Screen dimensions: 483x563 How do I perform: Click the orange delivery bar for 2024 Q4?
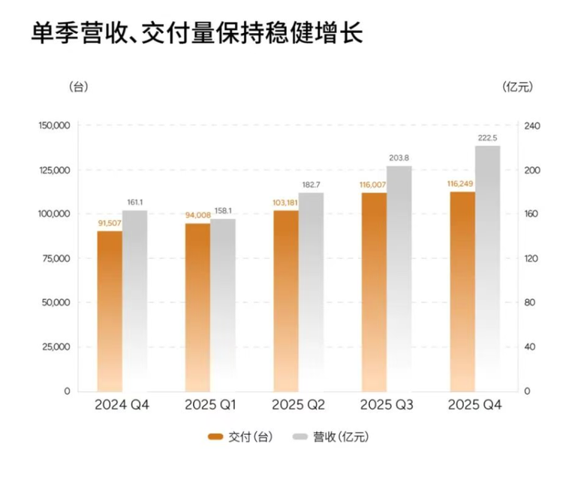110,308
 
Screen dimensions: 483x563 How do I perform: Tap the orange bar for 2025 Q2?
286,300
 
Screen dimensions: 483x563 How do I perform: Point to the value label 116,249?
461,183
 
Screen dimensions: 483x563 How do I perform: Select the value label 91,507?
110,222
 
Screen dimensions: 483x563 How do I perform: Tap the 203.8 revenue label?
400,158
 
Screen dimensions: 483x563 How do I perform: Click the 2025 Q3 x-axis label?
387,406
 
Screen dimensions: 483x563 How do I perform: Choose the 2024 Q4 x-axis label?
122,406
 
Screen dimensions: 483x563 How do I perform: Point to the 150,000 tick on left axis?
53,125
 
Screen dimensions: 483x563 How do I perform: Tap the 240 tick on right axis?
531,125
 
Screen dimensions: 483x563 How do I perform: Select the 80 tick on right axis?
529,303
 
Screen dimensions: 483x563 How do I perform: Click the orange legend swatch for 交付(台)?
216,436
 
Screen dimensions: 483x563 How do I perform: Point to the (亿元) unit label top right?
518,86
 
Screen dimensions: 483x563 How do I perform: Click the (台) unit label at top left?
78,86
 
